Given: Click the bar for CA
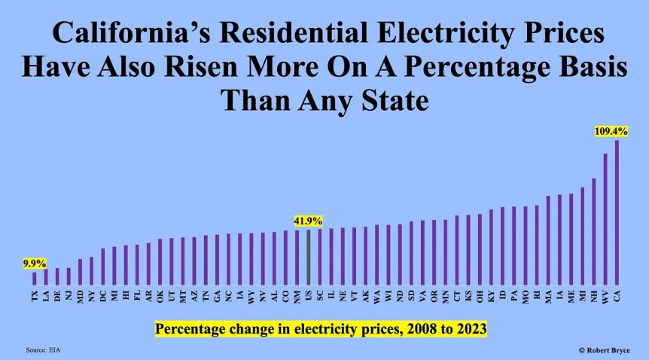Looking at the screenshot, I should [x=617, y=212].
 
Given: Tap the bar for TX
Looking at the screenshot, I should [x=34, y=277].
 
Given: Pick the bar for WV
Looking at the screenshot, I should [x=605, y=218].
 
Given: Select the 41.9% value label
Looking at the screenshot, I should [x=308, y=221].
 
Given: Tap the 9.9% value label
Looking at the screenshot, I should [x=34, y=264].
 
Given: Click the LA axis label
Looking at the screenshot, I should [x=46, y=296].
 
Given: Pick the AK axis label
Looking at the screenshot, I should [x=365, y=296].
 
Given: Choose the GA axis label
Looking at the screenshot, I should [x=217, y=296].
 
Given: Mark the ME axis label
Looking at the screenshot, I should [x=571, y=296].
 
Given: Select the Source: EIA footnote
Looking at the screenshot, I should [x=42, y=349].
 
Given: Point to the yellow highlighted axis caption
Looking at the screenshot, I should [x=321, y=329].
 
